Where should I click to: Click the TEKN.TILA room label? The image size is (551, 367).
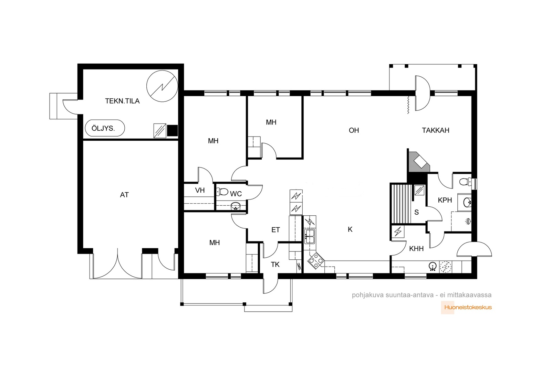pyautogui.click(x=122, y=101)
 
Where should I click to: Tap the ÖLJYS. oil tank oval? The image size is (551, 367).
pyautogui.click(x=105, y=128)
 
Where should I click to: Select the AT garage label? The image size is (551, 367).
pyautogui.click(x=124, y=195)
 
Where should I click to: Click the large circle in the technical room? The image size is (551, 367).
pyautogui.click(x=162, y=86)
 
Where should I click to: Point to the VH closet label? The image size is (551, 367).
pyautogui.click(x=200, y=190)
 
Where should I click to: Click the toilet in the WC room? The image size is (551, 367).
pyautogui.click(x=222, y=192)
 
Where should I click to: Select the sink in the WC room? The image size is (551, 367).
pyautogui.click(x=236, y=206)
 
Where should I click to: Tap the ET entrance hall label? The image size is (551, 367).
pyautogui.click(x=275, y=230)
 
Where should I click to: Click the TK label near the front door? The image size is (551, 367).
pyautogui.click(x=275, y=265)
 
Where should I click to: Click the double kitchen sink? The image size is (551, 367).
pyautogui.click(x=310, y=236)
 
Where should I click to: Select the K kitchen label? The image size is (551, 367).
pyautogui.click(x=350, y=229)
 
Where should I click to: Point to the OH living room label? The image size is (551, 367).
pyautogui.click(x=354, y=130)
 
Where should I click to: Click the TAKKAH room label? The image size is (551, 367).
pyautogui.click(x=436, y=130)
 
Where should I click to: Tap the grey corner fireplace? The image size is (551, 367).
pyautogui.click(x=419, y=162)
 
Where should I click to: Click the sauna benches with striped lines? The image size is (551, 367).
pyautogui.click(x=401, y=204)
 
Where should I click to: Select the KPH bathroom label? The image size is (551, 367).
pyautogui.click(x=445, y=200)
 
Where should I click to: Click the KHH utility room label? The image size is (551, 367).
pyautogui.click(x=416, y=249)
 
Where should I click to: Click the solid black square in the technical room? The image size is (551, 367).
pyautogui.click(x=172, y=130)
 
